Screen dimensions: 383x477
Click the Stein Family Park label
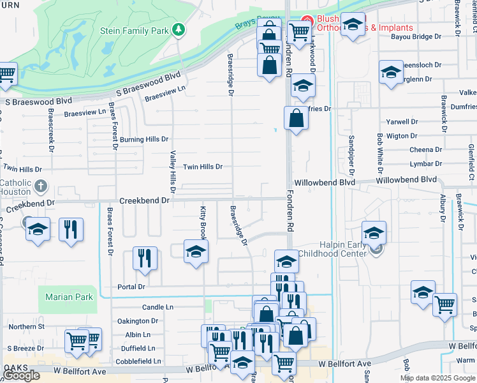pos(134,30)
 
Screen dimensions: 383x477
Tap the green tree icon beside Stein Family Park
pos(180,29)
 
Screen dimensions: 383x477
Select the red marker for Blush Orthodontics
pos(307,20)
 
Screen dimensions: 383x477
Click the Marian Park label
pos(70,297)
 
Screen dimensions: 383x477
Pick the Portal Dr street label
pos(131,287)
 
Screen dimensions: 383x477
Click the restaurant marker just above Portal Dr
pos(145,257)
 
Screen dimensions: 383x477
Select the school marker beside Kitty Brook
pos(196,251)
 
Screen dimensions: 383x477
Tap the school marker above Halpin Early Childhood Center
pos(374,232)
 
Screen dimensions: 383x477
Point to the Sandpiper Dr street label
pos(351,155)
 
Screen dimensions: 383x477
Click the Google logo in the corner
pos(22,375)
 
